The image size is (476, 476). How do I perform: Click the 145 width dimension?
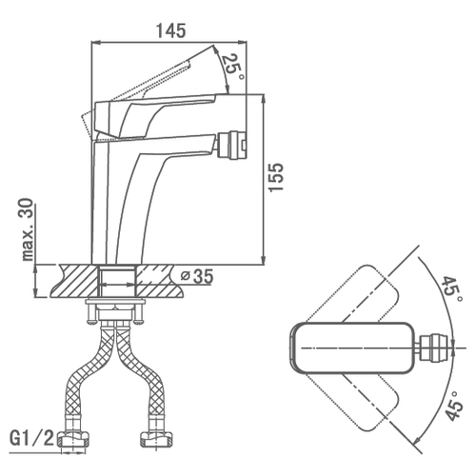pyautogui.click(x=170, y=31)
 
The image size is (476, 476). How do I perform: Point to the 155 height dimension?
pyautogui.click(x=275, y=177)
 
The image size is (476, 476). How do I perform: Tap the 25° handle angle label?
pyautogui.click(x=232, y=68)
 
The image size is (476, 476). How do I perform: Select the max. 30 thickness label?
pyautogui.click(x=28, y=229)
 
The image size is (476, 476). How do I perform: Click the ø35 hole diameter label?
pyautogui.click(x=197, y=276)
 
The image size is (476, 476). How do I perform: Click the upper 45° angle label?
pyautogui.click(x=450, y=290)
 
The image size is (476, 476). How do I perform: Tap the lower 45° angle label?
pyautogui.click(x=454, y=407)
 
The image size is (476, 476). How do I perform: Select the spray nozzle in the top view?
pyautogui.click(x=434, y=348)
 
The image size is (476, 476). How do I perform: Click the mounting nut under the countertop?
pyautogui.click(x=114, y=313)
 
